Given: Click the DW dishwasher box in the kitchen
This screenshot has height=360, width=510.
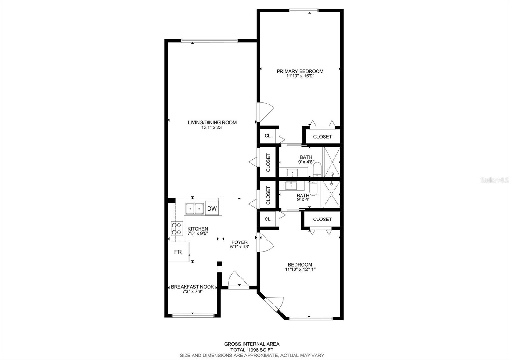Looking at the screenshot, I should click(212, 209).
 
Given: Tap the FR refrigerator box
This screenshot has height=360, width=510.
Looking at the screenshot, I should click(178, 252).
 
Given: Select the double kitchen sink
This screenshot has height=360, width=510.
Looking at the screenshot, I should click(195, 209).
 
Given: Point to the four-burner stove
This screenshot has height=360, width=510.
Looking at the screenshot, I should click(177, 228).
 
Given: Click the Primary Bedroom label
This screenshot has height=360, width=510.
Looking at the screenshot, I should click(300, 71).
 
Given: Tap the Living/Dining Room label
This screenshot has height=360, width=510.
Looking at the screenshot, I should click(212, 122).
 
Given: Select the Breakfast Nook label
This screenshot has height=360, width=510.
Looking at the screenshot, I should click(192, 287).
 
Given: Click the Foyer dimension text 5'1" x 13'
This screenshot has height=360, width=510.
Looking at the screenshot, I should click(239, 247).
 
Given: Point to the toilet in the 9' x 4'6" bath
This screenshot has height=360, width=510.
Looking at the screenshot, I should click(317, 169).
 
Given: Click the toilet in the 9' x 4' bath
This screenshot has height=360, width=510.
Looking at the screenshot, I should click(313, 188).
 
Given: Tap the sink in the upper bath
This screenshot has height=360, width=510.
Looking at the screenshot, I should click(292, 173).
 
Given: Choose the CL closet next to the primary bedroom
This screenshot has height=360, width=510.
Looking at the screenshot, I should click(268, 136).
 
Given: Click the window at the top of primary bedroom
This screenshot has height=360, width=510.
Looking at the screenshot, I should click(303, 11).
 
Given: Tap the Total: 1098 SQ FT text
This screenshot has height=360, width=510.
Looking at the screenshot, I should click(252, 349).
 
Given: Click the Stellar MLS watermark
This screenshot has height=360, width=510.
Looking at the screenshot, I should click(496, 180).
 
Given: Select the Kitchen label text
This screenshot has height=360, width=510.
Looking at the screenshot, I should click(198, 229).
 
